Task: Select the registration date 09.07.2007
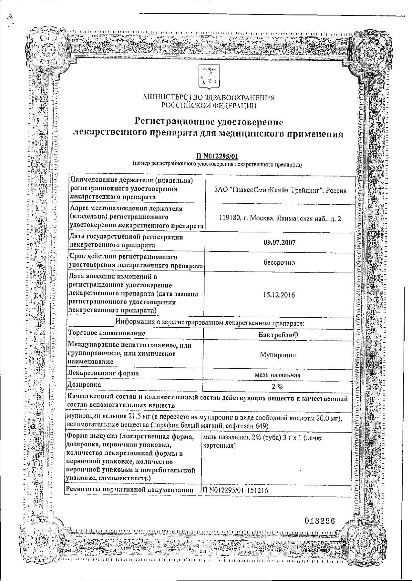click(x=279, y=242)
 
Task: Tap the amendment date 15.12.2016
click(x=279, y=295)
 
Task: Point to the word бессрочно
click(x=279, y=262)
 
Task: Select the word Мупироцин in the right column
click(x=278, y=355)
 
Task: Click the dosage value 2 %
click(x=277, y=386)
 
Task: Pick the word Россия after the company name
click(x=336, y=190)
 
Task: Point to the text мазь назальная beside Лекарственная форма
click(x=277, y=375)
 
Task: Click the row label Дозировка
click(x=84, y=385)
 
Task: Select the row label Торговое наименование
click(x=106, y=333)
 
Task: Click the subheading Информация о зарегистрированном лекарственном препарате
click(x=210, y=322)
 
